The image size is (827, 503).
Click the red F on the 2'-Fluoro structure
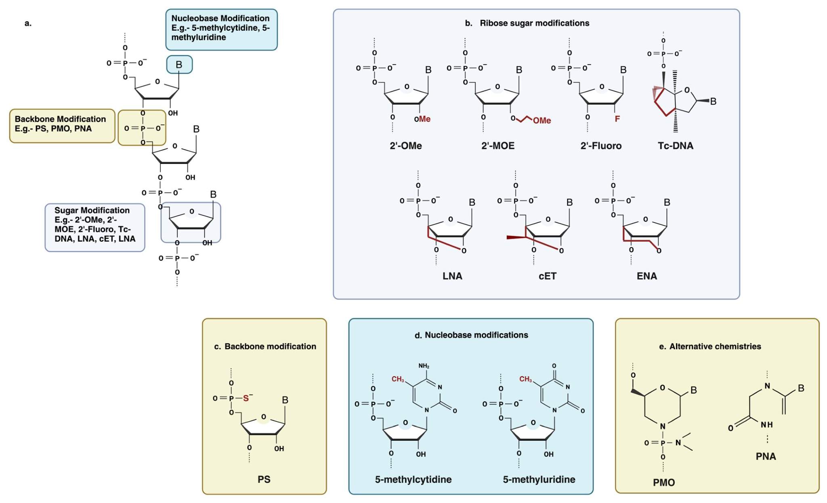[617, 119]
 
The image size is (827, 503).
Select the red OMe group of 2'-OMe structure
[423, 119]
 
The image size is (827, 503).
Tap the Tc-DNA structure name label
[675, 146]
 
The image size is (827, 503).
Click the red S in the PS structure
[246, 398]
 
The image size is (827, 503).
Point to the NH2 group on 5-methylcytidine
[424, 366]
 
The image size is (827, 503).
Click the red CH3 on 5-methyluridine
[525, 379]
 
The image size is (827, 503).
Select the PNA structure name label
[766, 457]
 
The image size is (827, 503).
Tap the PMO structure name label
[664, 482]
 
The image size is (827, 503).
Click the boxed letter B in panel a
[179, 65]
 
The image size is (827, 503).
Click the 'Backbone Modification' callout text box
[62, 125]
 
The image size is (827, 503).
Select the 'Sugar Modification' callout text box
[94, 227]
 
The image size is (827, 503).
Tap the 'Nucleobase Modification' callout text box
[221, 29]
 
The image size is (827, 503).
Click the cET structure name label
[548, 276]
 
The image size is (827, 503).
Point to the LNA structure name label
[452, 276]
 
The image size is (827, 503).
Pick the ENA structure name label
[647, 276]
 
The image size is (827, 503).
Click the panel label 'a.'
[28, 23]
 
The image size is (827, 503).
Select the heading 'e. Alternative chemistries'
[710, 347]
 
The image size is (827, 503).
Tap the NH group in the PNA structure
[766, 425]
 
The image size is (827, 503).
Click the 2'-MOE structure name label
[498, 146]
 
